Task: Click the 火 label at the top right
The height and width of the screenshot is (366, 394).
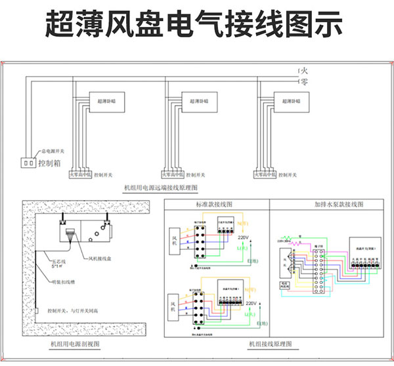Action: point(303,70)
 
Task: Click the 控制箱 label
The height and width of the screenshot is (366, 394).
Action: point(50,163)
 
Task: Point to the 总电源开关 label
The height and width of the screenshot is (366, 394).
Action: point(53,151)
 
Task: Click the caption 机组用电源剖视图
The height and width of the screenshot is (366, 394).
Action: point(75,344)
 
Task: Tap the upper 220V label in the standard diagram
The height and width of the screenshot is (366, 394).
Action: point(244,237)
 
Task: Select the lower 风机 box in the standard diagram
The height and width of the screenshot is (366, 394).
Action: point(175,306)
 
